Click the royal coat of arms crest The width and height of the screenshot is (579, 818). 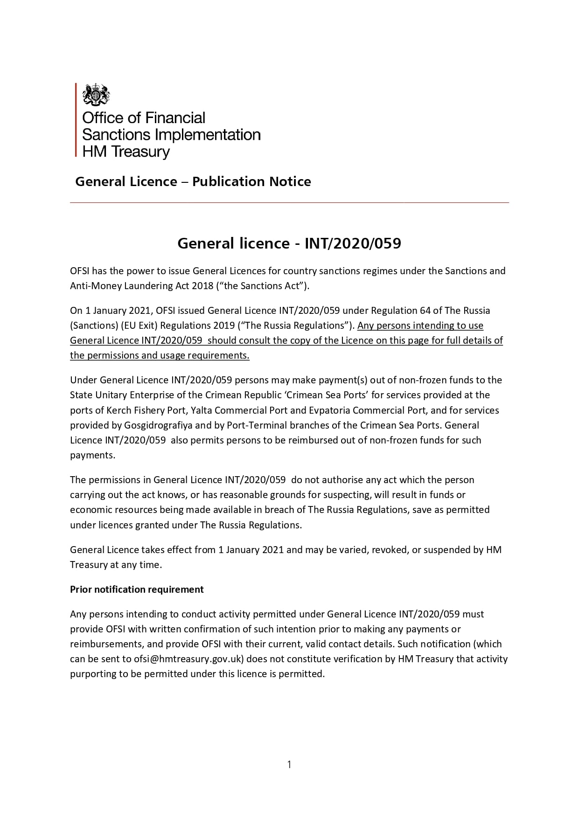coord(96,95)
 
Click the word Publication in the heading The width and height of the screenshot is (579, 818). coord(221,181)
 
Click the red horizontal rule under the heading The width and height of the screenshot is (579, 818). coord(289,203)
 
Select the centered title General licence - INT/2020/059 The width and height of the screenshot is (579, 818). coord(289,243)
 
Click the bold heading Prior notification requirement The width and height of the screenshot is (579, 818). coord(137,589)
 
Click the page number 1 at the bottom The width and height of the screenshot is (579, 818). coord(289,764)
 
